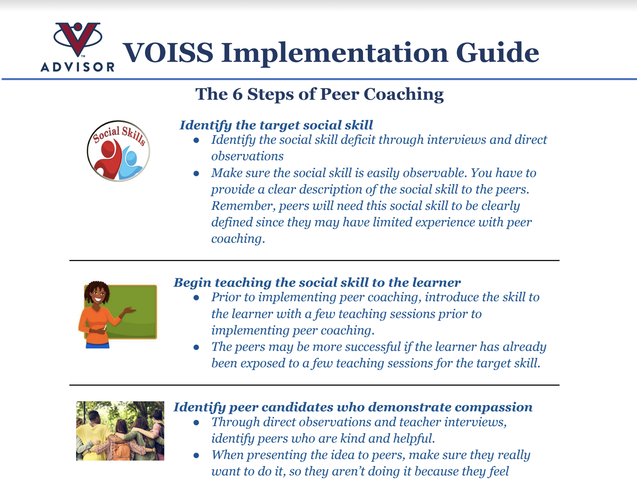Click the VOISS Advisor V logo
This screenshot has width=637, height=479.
click(78, 39)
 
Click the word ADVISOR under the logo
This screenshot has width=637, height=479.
click(77, 67)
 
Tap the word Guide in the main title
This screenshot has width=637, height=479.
click(498, 52)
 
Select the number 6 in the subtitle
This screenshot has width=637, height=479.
click(238, 94)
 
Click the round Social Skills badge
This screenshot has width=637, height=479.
click(119, 151)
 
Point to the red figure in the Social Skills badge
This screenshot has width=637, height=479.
click(109, 159)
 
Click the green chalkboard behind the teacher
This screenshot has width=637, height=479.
click(132, 312)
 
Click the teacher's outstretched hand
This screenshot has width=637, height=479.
click(129, 311)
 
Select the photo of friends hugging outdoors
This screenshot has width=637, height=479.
click(120, 431)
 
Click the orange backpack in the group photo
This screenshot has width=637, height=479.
click(122, 451)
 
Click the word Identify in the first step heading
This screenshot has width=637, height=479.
click(206, 126)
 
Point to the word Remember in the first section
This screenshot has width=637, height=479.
click(243, 206)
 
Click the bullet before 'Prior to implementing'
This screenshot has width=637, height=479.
click(196, 298)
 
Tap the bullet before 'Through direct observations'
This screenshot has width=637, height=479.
click(196, 423)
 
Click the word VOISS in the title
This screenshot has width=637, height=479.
click(168, 52)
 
